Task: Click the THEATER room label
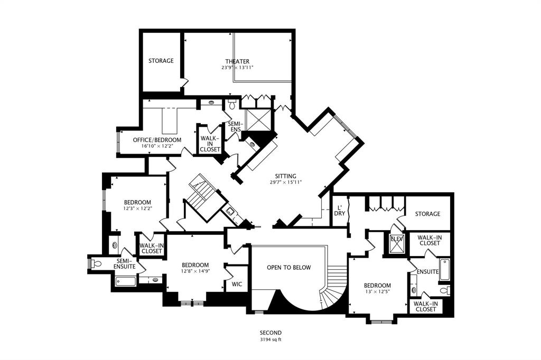pos(237,61)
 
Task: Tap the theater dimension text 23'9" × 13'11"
pos(237,68)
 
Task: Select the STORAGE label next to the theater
pos(161,61)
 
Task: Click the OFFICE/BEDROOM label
pos(157,140)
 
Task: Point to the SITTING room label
pos(285,176)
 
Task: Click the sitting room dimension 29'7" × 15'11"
pos(285,183)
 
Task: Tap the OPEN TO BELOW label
pos(288,268)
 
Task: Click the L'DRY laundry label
pos(340,210)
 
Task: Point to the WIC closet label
pos(237,284)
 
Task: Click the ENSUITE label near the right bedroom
pos(427,271)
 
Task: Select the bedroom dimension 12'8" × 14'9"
pos(195,272)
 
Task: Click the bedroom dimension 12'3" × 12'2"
pos(137,209)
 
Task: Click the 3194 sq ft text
pos(270,340)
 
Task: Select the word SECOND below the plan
pos(270,333)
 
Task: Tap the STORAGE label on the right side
pos(427,214)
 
